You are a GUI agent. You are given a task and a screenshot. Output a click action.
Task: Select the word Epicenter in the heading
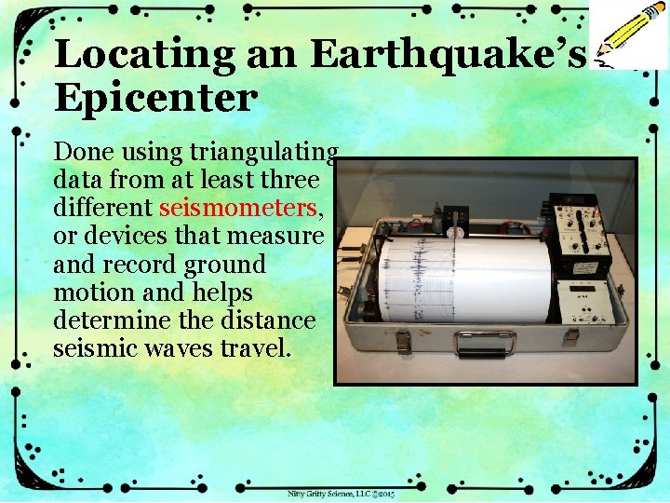tap(154, 98)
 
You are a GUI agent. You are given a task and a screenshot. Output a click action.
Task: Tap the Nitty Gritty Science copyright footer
tap(342, 493)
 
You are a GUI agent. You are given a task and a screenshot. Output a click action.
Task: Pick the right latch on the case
tap(569, 336)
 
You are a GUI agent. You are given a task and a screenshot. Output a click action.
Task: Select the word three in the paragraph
tap(291, 180)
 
